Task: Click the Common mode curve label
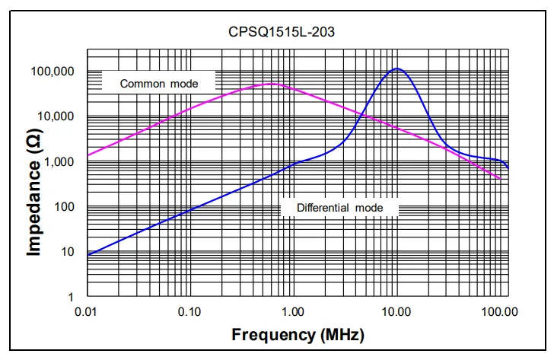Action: tap(159, 83)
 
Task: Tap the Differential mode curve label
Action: tap(339, 207)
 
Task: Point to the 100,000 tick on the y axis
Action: tap(54, 72)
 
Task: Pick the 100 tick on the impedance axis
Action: tap(65, 207)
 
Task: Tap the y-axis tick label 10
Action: tap(68, 252)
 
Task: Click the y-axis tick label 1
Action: tap(72, 297)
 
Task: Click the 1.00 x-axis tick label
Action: tap(293, 311)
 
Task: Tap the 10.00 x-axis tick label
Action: tap(395, 311)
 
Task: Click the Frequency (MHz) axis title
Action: tap(298, 334)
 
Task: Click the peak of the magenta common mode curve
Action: tap(272, 84)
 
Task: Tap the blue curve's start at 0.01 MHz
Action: tap(88, 254)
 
